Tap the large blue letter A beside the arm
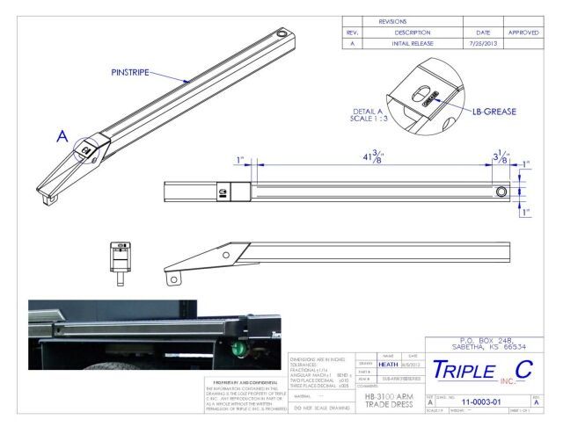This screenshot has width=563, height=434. click(62, 137)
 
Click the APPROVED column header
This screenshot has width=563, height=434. click(530, 32)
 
